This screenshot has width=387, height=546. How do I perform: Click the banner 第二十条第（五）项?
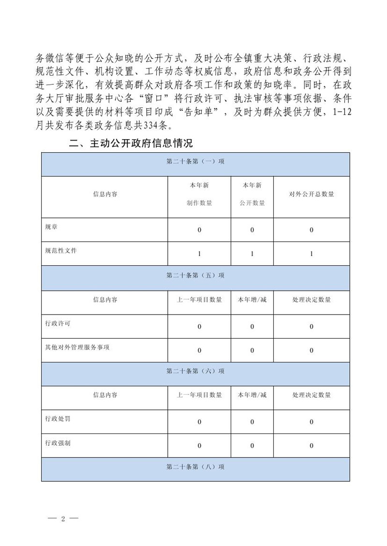pyautogui.click(x=195, y=275)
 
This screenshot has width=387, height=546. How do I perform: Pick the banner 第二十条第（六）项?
pyautogui.click(x=195, y=371)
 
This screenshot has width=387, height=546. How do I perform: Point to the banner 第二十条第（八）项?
pyautogui.click(x=195, y=467)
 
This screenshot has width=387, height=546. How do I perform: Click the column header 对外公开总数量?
pyautogui.click(x=312, y=194)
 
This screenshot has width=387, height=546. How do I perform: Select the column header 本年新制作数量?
pyautogui.click(x=199, y=194)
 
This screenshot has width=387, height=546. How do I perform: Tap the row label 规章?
pyautogui.click(x=51, y=226)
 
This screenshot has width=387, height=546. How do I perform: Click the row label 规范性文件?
pyautogui.click(x=60, y=251)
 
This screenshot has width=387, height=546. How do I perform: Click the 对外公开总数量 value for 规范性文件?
pyautogui.click(x=312, y=254)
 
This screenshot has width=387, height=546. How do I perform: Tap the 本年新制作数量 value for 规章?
pyautogui.click(x=199, y=230)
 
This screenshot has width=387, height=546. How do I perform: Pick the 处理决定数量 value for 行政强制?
pyautogui.click(x=312, y=445)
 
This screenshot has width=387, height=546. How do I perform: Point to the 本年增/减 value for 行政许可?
pyautogui.click(x=252, y=327)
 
